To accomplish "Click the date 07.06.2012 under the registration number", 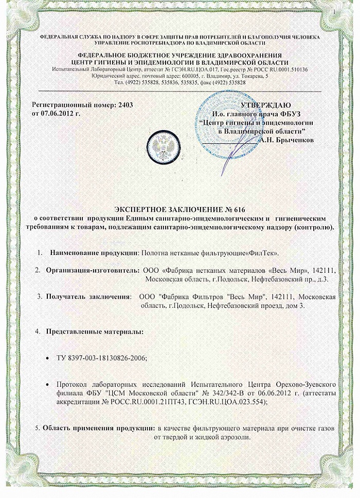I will click(57, 112).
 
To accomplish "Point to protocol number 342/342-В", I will click(236, 393).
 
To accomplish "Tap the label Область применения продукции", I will click(98, 428).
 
